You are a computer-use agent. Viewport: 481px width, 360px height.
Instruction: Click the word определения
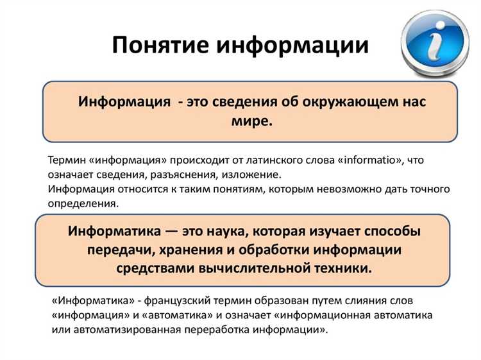pyautogui.click(x=83, y=204)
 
